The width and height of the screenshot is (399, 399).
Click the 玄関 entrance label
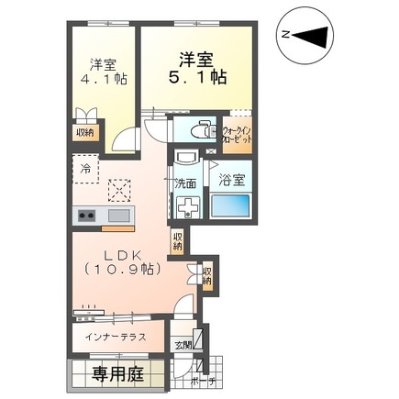pos(183,344)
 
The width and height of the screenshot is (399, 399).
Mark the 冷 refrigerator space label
pos(84,171)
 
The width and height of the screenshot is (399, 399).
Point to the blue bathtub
pos(229,205)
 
